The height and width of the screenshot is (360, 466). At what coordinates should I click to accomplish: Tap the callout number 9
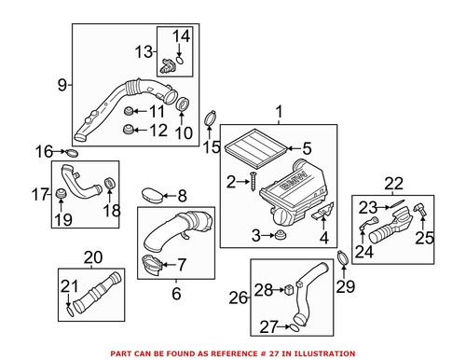point(62,86)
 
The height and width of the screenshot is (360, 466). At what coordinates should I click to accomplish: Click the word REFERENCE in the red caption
point(252,353)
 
